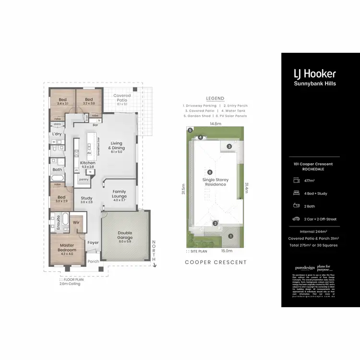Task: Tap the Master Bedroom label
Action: click(68, 247)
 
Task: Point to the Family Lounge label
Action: click(120, 194)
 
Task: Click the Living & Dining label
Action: click(117, 146)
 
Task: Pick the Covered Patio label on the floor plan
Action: click(122, 98)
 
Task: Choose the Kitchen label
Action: click(87, 163)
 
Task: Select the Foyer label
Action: click(93, 242)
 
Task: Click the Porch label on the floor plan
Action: click(93, 262)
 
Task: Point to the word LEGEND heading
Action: click(215, 98)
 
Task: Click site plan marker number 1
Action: click(230, 236)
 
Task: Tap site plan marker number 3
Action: click(229, 146)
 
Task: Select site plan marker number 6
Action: click(209, 172)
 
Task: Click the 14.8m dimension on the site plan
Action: click(215, 123)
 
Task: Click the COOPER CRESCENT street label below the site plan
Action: click(216, 263)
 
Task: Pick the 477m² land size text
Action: click(310, 180)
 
